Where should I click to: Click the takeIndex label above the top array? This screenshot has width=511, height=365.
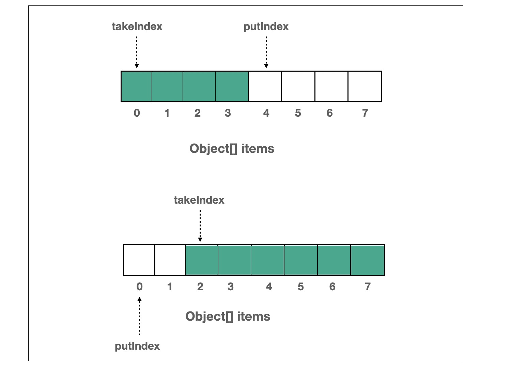(137, 26)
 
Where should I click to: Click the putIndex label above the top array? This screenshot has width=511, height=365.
(266, 26)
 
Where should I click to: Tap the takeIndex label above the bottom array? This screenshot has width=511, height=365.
(199, 200)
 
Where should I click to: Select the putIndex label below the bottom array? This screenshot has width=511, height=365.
(137, 346)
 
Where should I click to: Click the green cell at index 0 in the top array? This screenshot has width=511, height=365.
(137, 87)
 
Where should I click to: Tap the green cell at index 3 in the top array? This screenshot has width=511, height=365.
(232, 87)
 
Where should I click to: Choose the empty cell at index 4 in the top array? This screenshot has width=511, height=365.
(265, 87)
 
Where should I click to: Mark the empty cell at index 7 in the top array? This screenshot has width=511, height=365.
(365, 87)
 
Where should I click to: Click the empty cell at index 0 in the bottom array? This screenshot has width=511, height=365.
(139, 260)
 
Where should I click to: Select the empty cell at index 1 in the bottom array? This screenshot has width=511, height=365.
(170, 260)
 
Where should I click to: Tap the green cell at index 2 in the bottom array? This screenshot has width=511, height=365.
(202, 260)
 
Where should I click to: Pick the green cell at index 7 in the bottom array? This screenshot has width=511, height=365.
(367, 260)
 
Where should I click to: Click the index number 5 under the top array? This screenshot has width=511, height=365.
(298, 113)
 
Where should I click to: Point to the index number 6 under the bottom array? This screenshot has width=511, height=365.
(332, 287)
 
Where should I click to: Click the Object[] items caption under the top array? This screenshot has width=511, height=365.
(232, 149)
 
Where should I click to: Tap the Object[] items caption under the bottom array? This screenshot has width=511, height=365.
(228, 317)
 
